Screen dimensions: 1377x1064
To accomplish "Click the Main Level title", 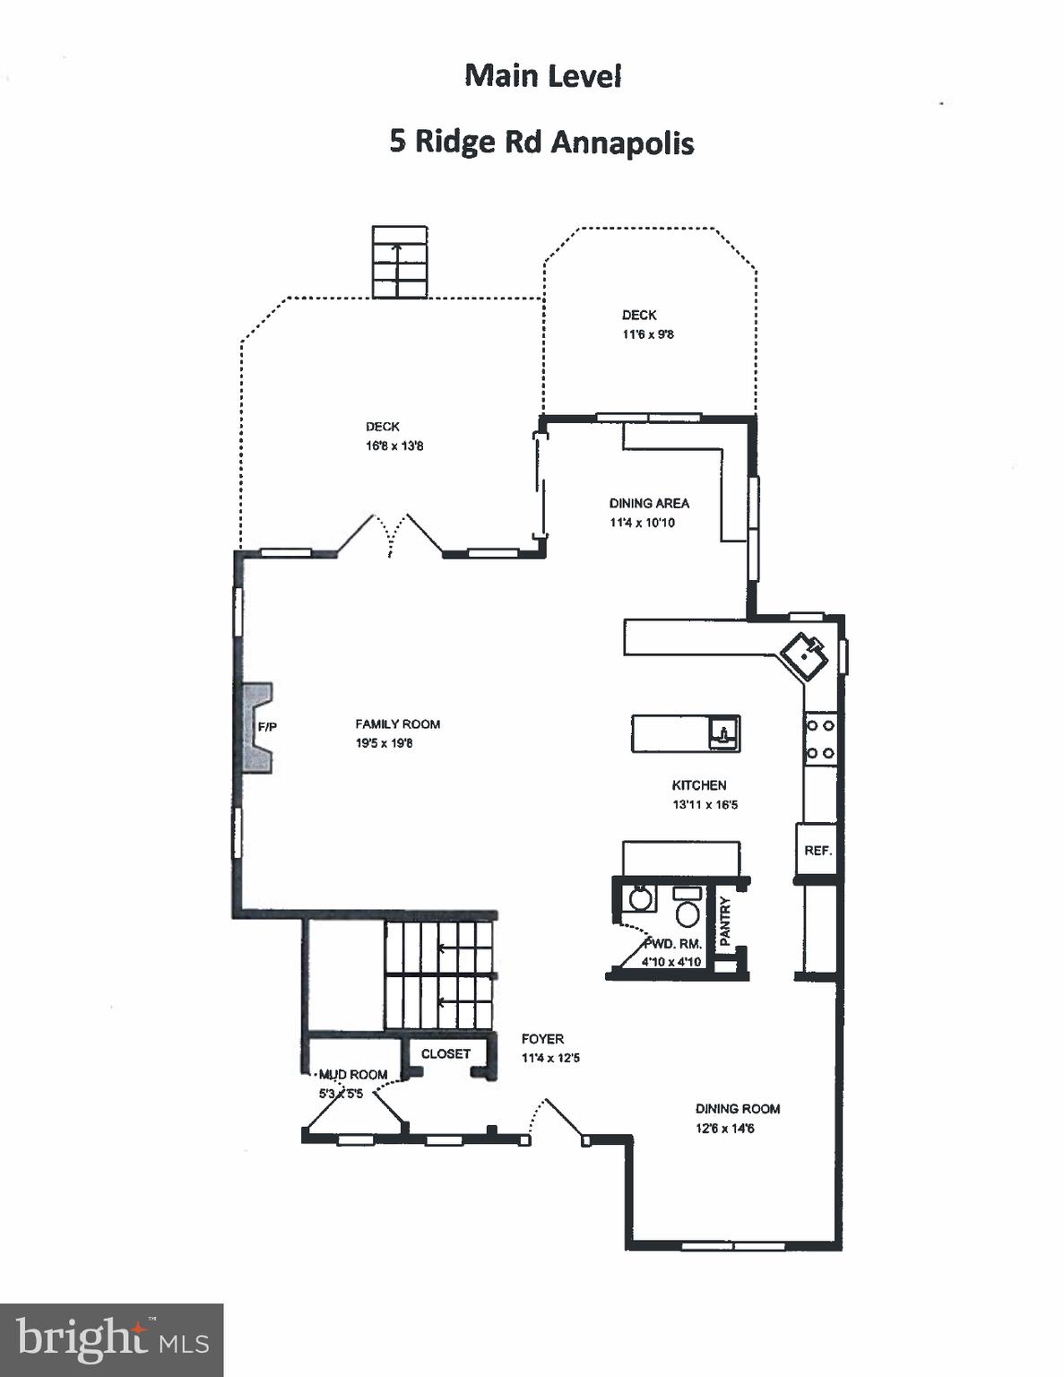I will pos(542,76).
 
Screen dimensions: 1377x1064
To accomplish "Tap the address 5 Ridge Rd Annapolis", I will pos(541,143).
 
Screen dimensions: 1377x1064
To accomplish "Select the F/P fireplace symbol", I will pos(256,726).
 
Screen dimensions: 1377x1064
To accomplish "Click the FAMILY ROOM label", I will pos(397,724).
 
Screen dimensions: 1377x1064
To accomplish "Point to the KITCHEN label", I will pos(699,785).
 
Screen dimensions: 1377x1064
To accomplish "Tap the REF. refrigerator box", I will pos(817,850).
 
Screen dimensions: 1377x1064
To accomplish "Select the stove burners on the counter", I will pos(820,739).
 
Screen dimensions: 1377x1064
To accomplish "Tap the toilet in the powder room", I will pos(688,912).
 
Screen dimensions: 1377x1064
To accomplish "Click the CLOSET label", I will pos(445,1053).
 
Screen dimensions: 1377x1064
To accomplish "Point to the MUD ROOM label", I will pos(353,1074).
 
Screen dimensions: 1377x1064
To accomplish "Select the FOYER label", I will pos(542,1039).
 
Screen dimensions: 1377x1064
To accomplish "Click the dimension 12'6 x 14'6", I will pos(724,1129).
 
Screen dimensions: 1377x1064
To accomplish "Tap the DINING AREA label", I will pos(649,503).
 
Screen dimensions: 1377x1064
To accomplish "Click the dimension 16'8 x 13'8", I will pos(394,446).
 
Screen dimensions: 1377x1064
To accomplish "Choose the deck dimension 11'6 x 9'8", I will pos(648,334).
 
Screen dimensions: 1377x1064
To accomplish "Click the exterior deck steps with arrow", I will pos(400,262).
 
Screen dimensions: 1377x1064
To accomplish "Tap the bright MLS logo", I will pos(111,1340).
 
